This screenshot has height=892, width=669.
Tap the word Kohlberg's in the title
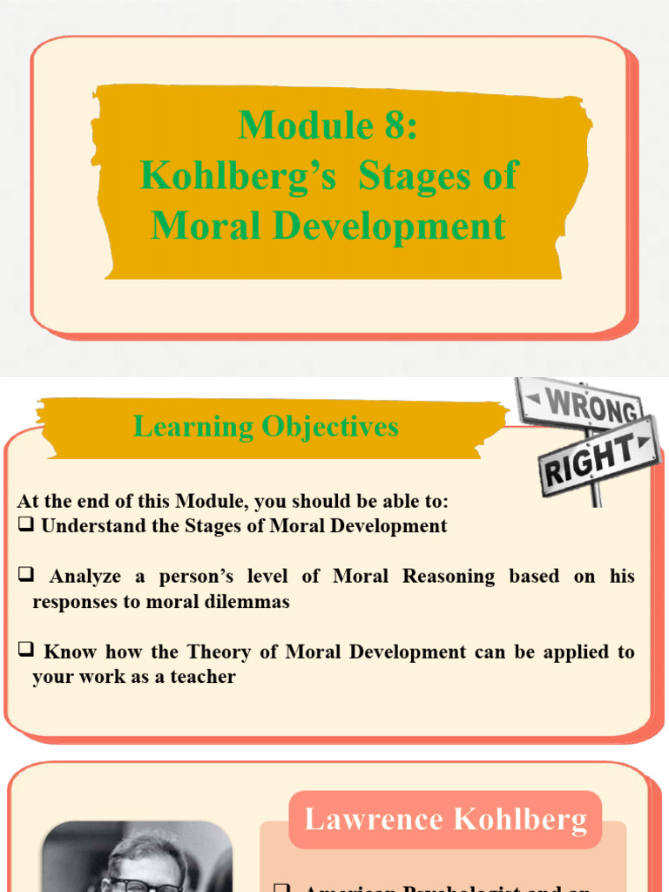click(x=238, y=176)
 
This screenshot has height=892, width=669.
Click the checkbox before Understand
click(x=25, y=525)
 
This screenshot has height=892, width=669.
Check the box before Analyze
click(x=25, y=576)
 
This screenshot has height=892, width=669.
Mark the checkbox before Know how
click(x=25, y=652)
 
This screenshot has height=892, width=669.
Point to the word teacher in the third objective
click(x=206, y=677)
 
